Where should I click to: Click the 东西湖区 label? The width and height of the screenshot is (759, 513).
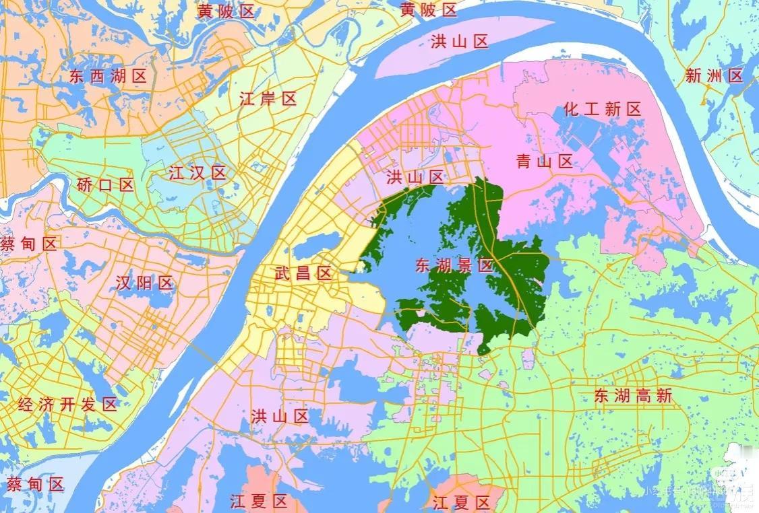108,76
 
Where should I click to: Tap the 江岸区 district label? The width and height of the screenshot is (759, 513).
268,100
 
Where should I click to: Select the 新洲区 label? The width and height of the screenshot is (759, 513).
714,76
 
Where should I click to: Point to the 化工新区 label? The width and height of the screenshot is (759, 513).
603,109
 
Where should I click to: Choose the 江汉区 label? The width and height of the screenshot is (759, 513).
198,172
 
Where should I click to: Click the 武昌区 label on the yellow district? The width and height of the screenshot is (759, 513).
303,273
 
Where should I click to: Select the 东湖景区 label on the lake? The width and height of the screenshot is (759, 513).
454,265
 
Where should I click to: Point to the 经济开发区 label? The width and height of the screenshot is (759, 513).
67,405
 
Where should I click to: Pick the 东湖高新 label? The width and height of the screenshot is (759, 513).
634,396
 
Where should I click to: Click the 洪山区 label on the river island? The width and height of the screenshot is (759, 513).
460,42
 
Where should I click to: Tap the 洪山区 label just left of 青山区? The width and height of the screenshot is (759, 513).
415,178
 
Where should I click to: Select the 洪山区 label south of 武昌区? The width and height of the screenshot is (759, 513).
279,416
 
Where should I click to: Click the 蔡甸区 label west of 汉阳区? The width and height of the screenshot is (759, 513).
29,244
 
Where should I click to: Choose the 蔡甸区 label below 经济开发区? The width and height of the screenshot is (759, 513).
35,484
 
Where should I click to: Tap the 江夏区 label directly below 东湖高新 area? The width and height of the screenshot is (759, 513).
462,502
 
